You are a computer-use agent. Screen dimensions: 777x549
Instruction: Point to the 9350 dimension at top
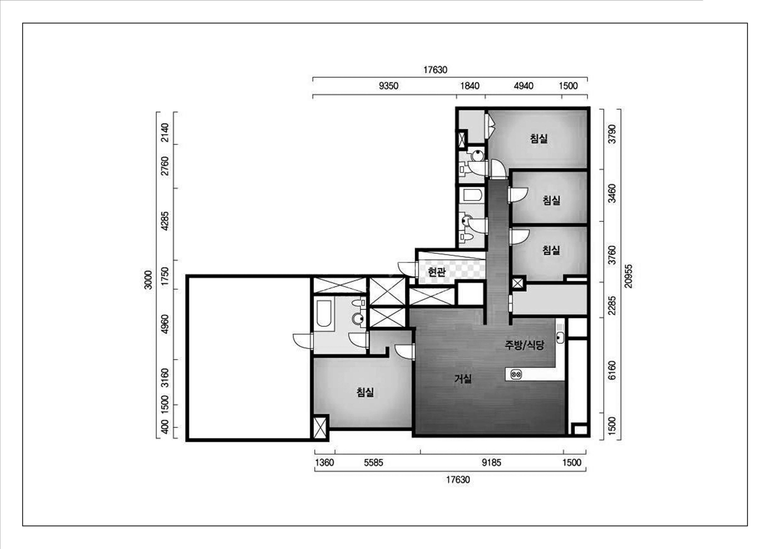coord(389,86)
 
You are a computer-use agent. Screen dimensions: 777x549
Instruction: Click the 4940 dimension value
coord(524,86)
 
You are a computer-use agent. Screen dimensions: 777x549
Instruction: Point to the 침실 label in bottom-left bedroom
coord(365,392)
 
